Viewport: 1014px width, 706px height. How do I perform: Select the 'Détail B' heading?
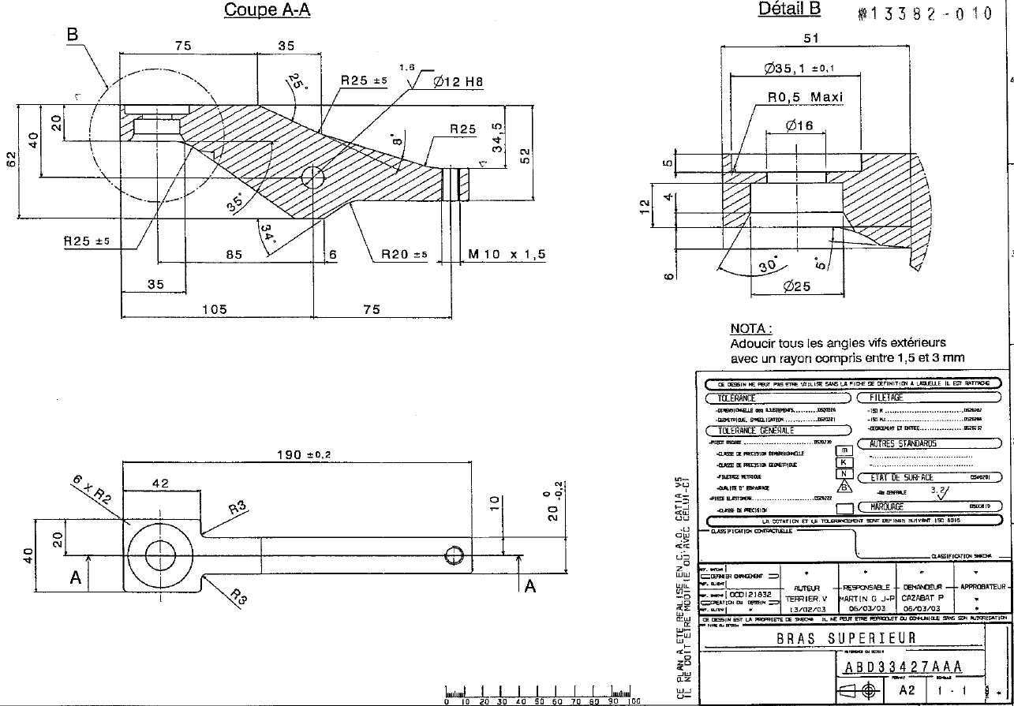(x=789, y=9)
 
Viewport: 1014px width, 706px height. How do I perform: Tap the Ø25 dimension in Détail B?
(x=796, y=287)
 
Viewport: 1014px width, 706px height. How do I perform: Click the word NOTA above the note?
(x=750, y=328)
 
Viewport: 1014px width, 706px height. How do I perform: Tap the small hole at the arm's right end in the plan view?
(x=454, y=555)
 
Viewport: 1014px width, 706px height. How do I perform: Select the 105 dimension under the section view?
(x=215, y=309)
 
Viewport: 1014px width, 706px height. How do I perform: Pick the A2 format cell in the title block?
(x=907, y=689)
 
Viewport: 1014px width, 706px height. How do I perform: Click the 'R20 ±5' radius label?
(x=404, y=254)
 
